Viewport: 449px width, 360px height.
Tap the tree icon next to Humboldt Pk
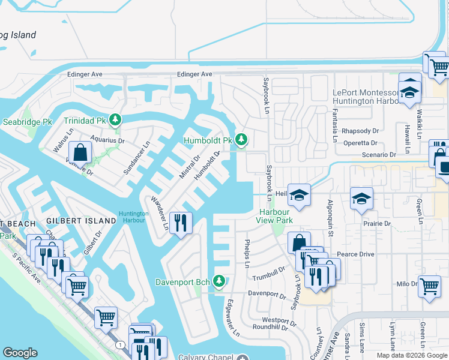point(241,140)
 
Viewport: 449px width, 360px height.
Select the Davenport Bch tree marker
point(219,281)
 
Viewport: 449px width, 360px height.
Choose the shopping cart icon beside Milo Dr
point(429,286)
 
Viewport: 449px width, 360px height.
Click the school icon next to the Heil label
point(299,194)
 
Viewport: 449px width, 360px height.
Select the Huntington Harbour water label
point(132,217)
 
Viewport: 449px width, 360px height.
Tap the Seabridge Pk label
point(26,122)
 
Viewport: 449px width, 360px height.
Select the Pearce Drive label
point(355,254)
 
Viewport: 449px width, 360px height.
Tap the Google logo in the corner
point(20,353)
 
